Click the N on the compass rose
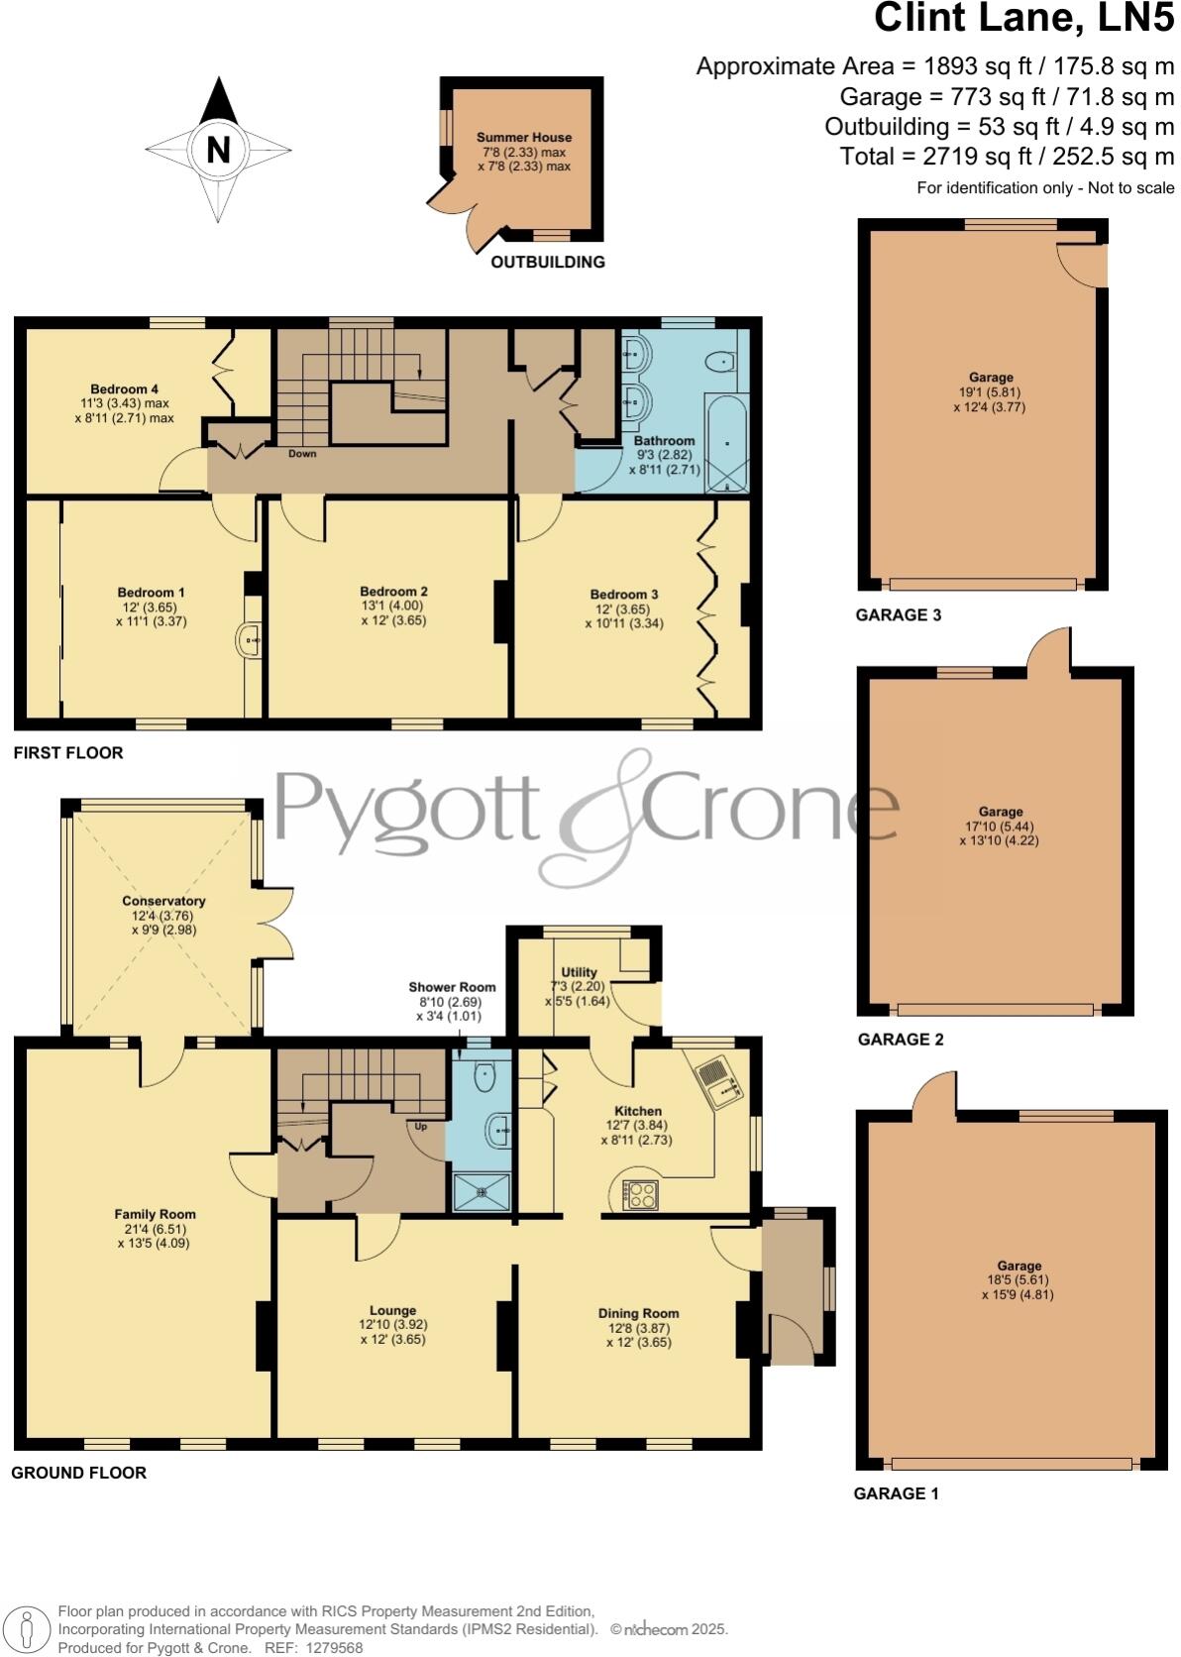tap(218, 150)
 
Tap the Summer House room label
tap(524, 138)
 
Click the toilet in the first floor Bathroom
tap(722, 363)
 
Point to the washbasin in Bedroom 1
tap(249, 641)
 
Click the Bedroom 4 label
tap(124, 389)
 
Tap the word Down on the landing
tap(302, 454)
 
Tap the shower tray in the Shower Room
tap(483, 1192)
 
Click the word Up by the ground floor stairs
tap(421, 1127)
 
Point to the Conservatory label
tap(163, 901)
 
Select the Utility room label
tap(579, 972)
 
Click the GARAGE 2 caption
tap(901, 1040)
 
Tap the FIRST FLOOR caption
tap(68, 753)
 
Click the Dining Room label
tap(638, 1313)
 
